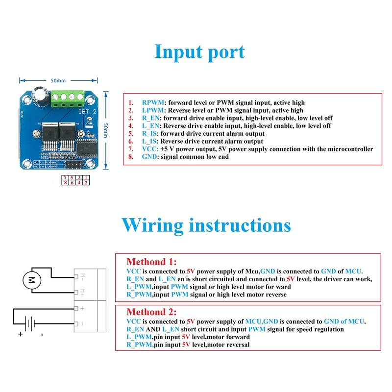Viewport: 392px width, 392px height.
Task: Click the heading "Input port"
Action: coord(199,51)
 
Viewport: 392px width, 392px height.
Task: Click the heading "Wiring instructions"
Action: coord(206,225)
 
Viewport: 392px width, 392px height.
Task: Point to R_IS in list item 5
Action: coord(150,133)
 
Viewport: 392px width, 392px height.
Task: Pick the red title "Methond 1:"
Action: coord(151,262)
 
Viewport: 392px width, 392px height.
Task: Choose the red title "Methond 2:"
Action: coord(151,312)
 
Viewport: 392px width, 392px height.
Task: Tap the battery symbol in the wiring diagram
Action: coord(30,323)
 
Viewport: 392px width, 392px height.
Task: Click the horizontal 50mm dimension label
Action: coord(58,80)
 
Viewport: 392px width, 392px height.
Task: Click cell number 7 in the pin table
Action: coord(65,177)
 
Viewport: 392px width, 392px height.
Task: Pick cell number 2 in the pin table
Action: coord(86,182)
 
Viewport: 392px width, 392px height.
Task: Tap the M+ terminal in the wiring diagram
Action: coord(82,292)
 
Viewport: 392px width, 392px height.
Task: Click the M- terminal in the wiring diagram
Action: coord(82,276)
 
